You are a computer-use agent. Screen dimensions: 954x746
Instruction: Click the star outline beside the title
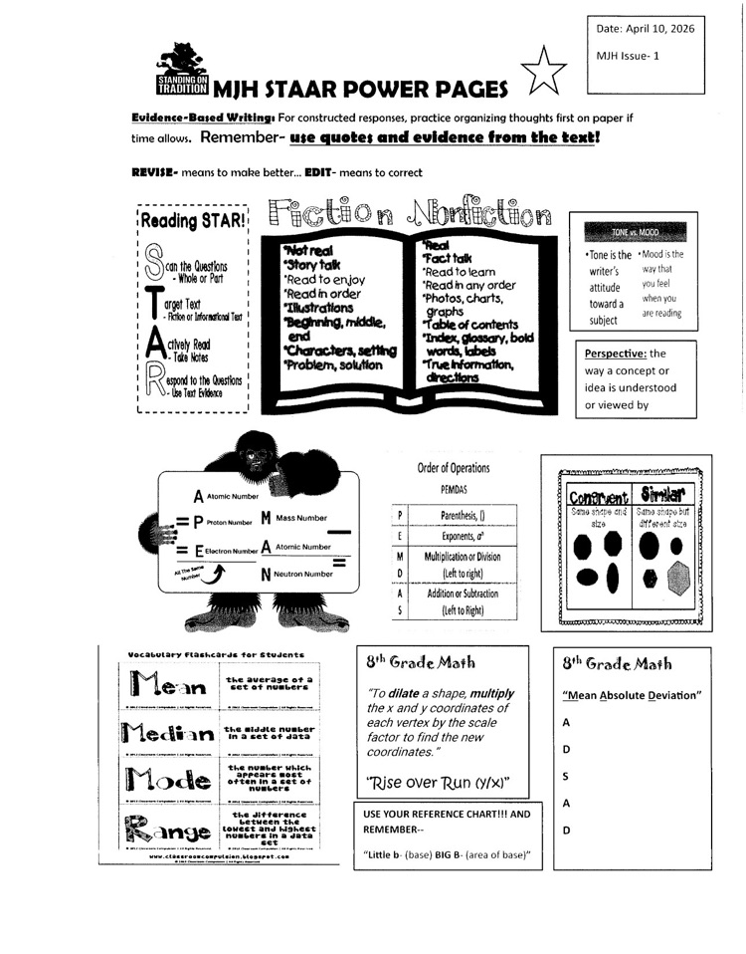tap(545, 74)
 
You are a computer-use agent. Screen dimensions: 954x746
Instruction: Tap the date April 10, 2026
tap(640, 30)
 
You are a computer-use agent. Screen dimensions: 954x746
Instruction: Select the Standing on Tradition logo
tap(182, 72)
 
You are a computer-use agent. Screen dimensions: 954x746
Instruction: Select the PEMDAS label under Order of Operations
tap(453, 490)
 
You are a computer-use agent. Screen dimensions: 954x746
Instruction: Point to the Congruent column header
tap(596, 496)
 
